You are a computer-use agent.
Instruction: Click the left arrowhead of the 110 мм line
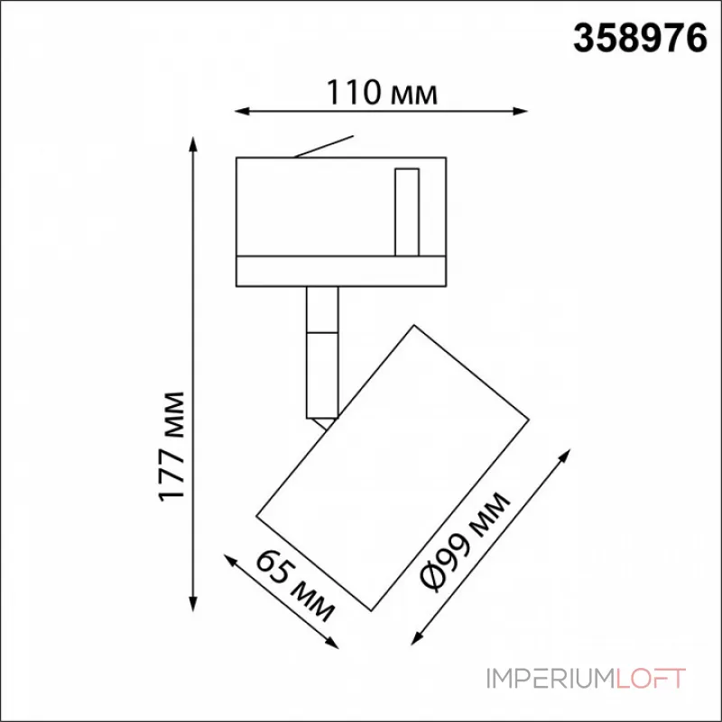click(x=239, y=112)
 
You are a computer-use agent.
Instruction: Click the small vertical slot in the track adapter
click(x=406, y=210)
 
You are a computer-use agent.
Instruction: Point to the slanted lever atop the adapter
click(x=323, y=149)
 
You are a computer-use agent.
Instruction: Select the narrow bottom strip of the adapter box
click(x=340, y=272)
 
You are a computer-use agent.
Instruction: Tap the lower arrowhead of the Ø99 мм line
click(x=418, y=643)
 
